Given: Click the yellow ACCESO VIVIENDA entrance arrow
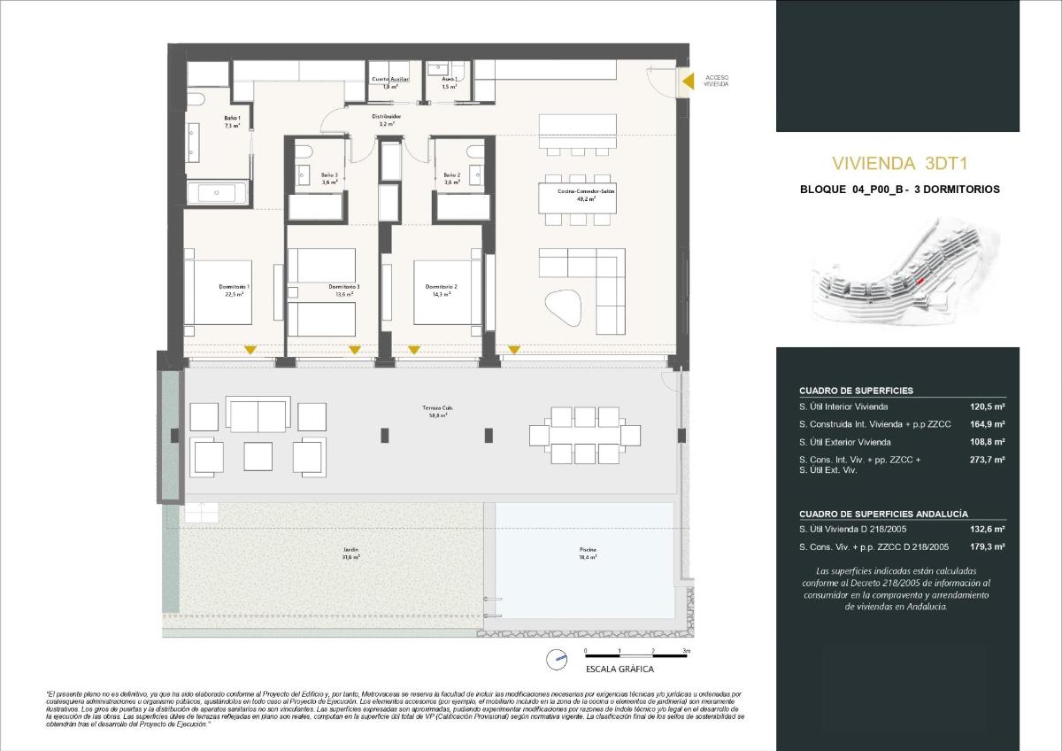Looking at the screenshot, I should click(687, 81).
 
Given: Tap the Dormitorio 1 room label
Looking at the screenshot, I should click(235, 290).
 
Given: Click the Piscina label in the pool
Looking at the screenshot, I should click(588, 554).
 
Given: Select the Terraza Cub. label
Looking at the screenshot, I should click(435, 411).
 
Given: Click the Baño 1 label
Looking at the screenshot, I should click(232, 122).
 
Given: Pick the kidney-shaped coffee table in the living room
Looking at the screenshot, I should click(563, 309).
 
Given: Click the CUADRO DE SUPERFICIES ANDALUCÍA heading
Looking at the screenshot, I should click(871, 514).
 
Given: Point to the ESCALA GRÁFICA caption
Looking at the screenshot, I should click(619, 670).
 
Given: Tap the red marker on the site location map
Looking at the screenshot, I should click(920, 280).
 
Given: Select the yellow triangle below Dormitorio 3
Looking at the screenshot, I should click(354, 351).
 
